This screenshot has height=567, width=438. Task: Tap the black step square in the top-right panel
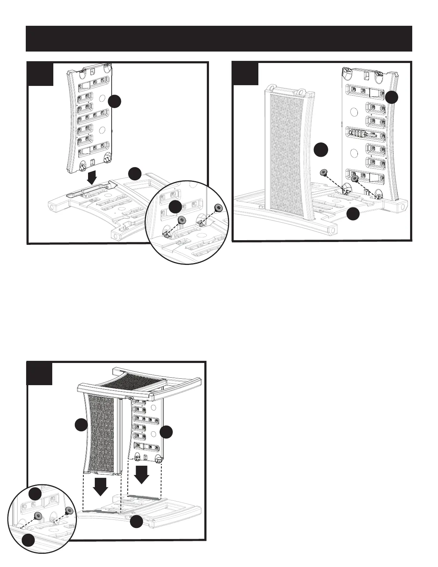[245, 74]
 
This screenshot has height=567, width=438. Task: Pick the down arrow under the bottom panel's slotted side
[142, 474]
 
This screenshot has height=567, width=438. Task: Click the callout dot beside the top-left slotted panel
[115, 101]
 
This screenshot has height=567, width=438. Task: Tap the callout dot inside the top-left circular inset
[175, 208]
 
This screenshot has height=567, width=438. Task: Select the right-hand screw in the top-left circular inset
[217, 208]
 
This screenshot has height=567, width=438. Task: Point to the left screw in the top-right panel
[323, 173]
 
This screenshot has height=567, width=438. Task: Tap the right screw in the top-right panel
[355, 178]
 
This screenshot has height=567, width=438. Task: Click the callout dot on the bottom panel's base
[136, 522]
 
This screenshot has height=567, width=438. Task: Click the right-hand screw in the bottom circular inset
[69, 510]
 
